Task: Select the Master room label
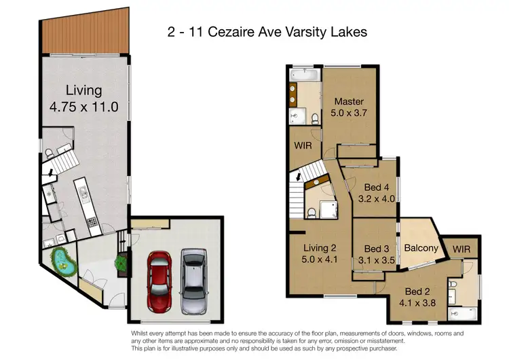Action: (x=349, y=102)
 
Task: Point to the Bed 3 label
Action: (x=376, y=249)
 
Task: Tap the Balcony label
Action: (x=421, y=248)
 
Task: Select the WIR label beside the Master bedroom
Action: (x=302, y=145)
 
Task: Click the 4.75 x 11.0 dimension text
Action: (x=83, y=107)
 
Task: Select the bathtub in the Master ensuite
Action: (x=304, y=75)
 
